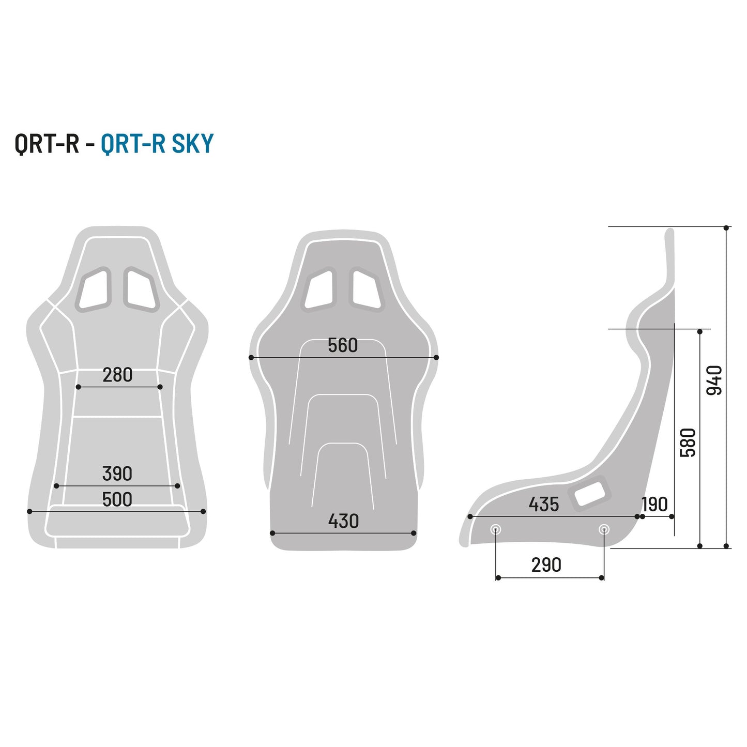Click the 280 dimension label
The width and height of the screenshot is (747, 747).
click(x=117, y=375)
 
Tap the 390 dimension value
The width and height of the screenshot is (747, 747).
click(x=117, y=474)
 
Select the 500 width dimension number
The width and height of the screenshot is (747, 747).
click(x=117, y=500)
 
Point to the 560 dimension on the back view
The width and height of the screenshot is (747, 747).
click(x=343, y=345)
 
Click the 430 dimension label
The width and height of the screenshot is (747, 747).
click(x=343, y=521)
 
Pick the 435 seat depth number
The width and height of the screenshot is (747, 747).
click(x=543, y=504)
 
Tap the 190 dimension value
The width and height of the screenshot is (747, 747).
click(x=654, y=504)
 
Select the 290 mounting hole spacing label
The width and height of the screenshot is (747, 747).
click(x=546, y=565)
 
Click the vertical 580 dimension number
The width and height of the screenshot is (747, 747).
click(x=688, y=443)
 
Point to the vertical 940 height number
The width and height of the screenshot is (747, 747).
click(x=714, y=380)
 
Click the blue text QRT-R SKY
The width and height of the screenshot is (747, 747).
click(x=157, y=144)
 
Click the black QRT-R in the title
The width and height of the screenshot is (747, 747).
click(x=47, y=144)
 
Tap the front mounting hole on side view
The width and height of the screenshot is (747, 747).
click(x=496, y=529)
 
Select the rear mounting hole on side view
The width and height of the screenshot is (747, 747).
click(x=604, y=529)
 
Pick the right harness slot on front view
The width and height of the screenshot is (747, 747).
click(x=141, y=289)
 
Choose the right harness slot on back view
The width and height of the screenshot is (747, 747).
click(x=366, y=289)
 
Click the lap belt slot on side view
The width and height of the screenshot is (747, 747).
click(x=590, y=493)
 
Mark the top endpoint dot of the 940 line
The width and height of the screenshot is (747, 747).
click(x=726, y=227)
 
